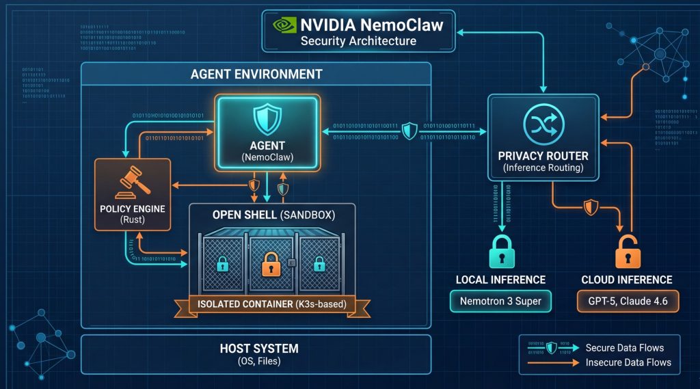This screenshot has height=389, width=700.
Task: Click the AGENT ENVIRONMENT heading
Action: [x=256, y=74]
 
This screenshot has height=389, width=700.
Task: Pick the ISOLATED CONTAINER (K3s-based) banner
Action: [x=272, y=304]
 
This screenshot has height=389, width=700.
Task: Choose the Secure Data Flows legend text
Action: [x=623, y=348]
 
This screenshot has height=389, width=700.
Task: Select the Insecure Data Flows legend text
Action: [x=628, y=362]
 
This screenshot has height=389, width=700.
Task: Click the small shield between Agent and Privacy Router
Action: [x=409, y=131]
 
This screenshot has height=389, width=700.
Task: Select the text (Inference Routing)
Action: [x=543, y=167]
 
